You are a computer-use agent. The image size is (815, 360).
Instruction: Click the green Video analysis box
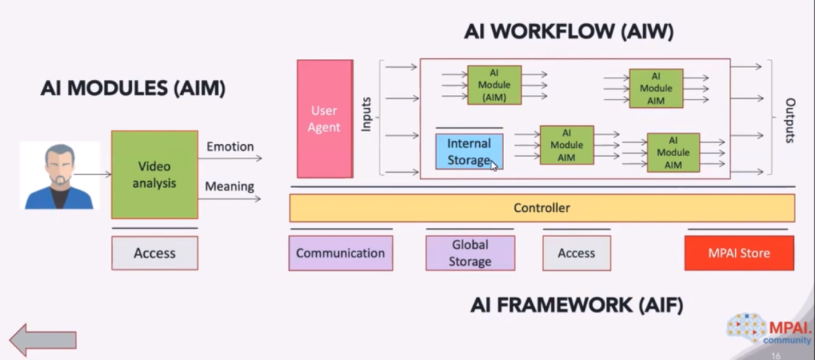154,175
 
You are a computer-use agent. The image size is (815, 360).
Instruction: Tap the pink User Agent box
324,119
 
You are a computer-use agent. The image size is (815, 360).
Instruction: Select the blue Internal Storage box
469,151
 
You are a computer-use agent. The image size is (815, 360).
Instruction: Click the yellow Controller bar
542,208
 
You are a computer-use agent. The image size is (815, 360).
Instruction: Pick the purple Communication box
340,253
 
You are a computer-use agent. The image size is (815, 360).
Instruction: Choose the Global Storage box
469,253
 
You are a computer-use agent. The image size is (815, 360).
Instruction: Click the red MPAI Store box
739,253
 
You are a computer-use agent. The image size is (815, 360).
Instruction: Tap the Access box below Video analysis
154,253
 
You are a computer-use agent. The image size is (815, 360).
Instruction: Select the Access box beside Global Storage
576,253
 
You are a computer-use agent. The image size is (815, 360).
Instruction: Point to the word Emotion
229,146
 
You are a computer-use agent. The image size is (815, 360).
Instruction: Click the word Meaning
229,186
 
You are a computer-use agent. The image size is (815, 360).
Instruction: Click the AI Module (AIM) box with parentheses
494,85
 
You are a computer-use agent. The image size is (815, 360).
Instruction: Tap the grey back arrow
43,339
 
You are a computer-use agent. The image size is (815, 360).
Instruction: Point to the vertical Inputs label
367,114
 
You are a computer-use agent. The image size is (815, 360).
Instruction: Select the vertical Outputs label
790,120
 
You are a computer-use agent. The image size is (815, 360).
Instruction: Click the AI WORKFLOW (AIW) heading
568,32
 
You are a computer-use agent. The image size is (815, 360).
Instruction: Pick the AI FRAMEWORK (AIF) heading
577,305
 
